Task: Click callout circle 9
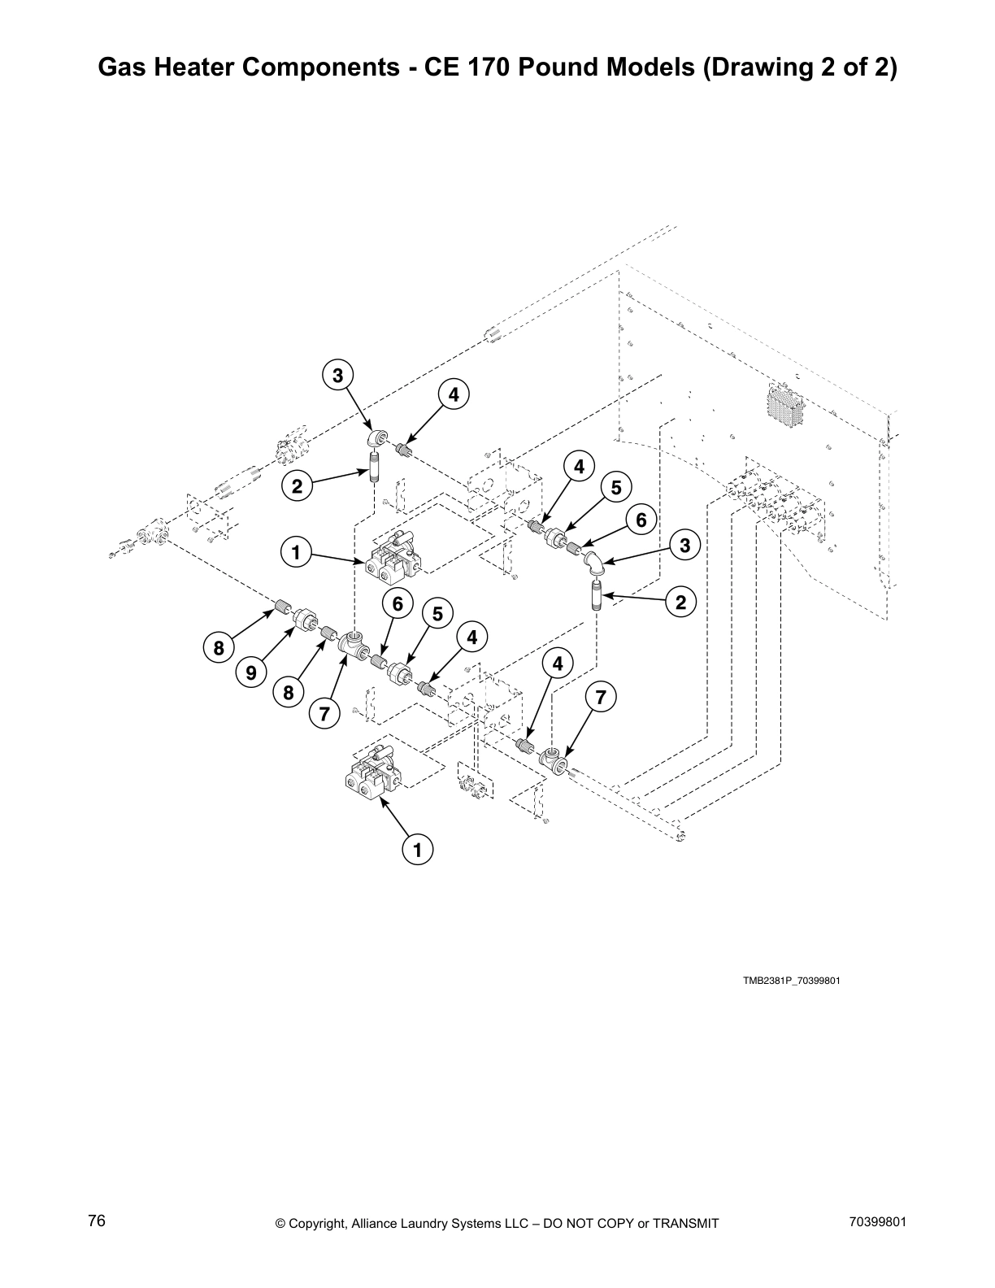251,673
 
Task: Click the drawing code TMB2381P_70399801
790,981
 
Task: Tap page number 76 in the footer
97,1221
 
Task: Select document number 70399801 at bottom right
876,1221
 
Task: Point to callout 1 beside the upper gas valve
296,554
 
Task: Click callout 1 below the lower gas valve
418,851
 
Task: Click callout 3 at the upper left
337,376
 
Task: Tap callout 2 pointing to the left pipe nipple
297,487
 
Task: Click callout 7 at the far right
600,698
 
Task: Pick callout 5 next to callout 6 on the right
615,487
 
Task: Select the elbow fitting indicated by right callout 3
595,563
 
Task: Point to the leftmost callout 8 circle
218,649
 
